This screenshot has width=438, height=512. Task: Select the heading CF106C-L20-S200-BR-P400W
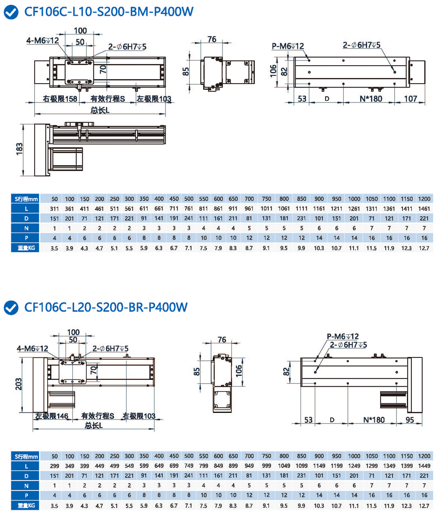[106, 307]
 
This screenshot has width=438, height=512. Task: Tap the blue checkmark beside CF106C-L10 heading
[12, 12]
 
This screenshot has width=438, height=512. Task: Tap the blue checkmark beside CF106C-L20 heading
[12, 307]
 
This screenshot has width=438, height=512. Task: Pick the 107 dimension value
[410, 99]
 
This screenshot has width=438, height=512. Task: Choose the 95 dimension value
[410, 420]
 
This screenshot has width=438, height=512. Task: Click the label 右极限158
[60, 99]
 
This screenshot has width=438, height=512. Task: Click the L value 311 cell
[55, 208]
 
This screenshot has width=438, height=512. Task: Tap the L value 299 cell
[55, 466]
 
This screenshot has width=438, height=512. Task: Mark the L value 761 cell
[189, 208]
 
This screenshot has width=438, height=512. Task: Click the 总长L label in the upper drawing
[100, 110]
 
